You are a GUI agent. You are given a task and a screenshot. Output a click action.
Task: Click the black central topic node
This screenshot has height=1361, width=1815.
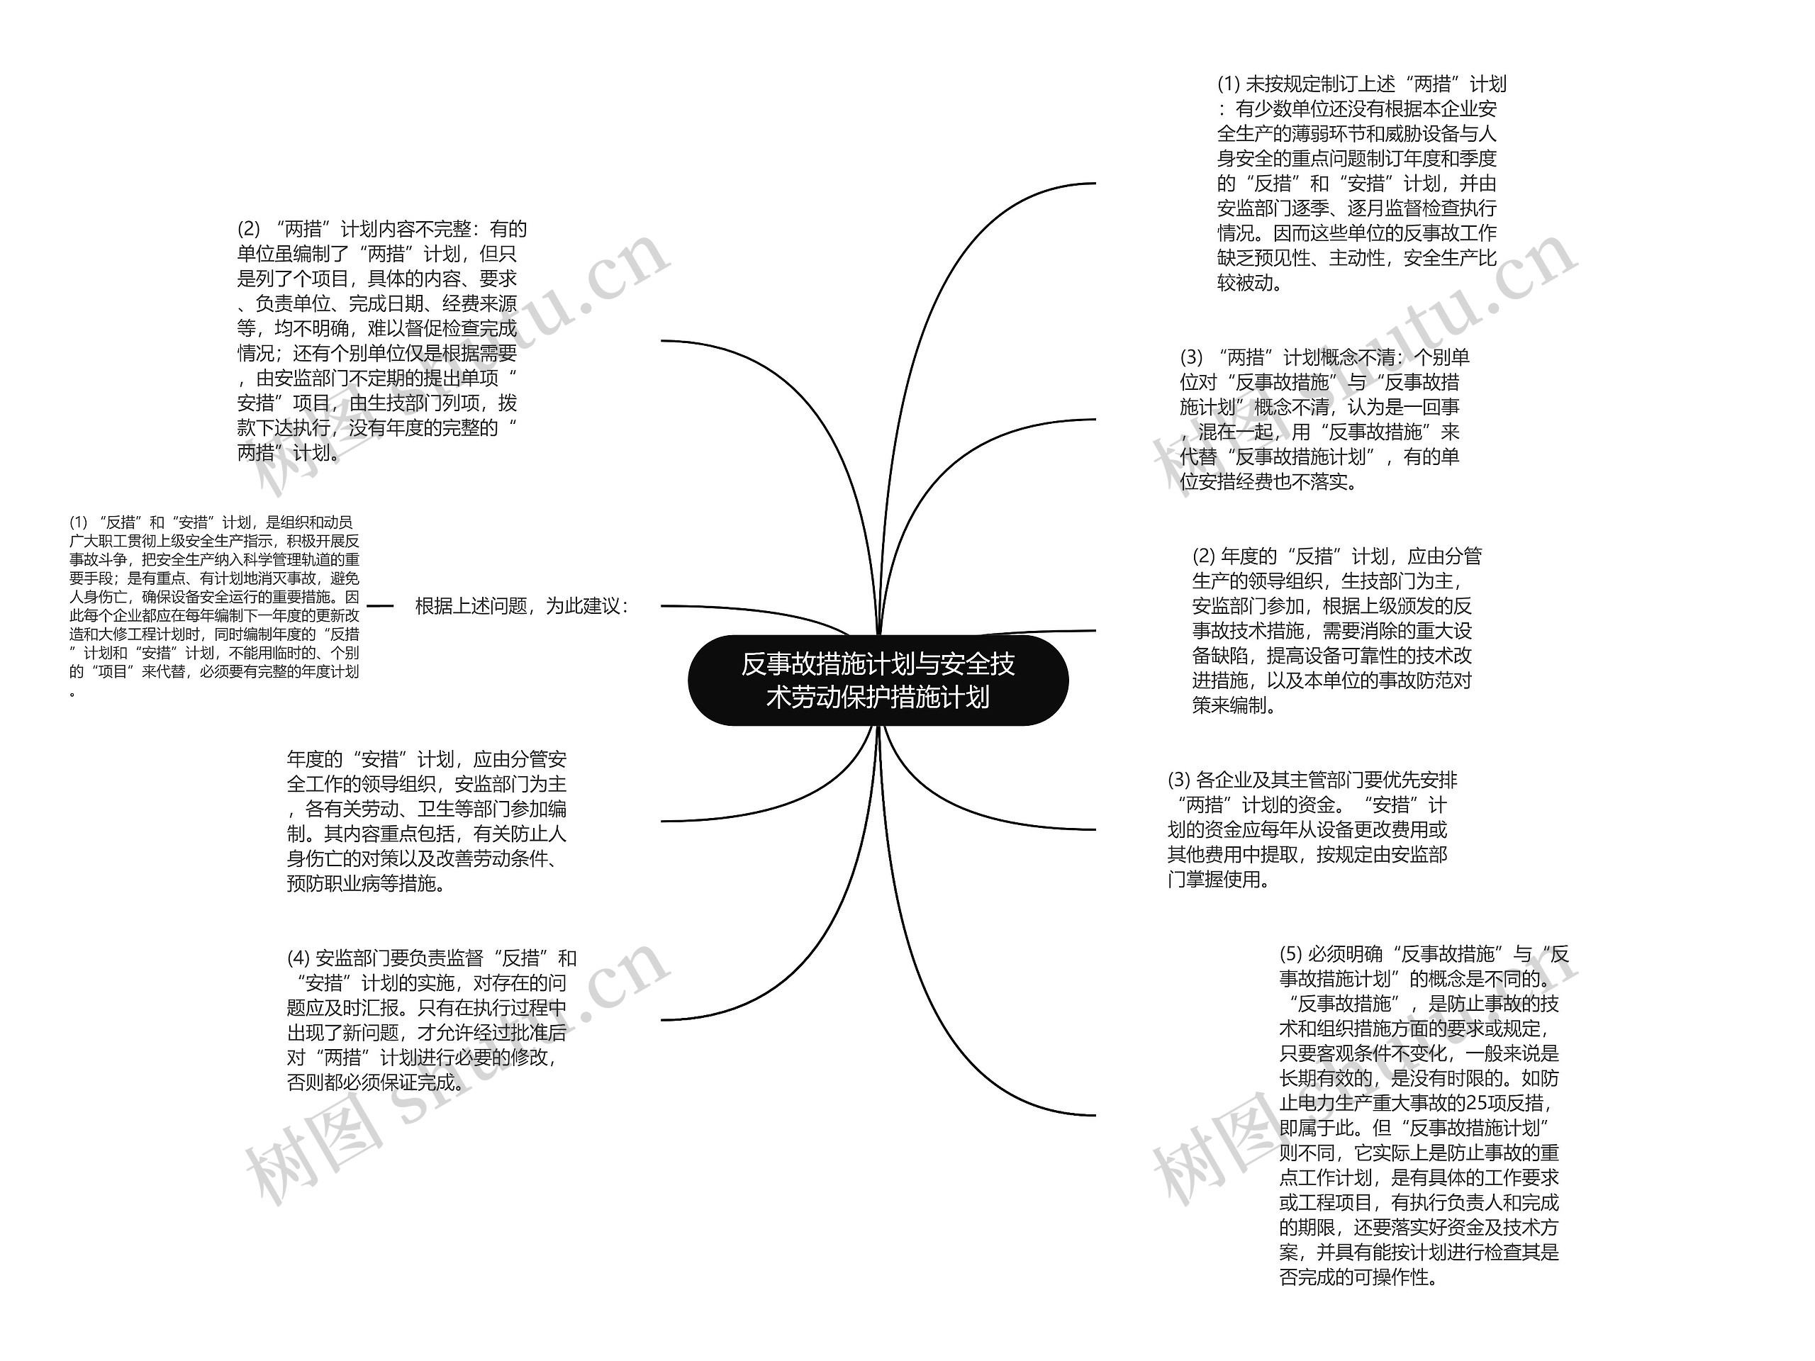pos(877,680)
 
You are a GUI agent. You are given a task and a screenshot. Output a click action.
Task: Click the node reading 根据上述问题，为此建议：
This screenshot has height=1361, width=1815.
pos(522,606)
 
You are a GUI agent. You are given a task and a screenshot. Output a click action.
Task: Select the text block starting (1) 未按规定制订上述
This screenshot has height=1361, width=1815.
pos(1361,184)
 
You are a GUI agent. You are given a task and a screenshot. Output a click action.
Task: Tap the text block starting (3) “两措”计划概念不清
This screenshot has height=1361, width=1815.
pos(1324,419)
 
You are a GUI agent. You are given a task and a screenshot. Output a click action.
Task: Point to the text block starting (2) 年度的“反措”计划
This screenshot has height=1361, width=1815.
pos(1336,630)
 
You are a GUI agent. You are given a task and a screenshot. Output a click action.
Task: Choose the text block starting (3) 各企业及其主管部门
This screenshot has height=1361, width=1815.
pos(1311,829)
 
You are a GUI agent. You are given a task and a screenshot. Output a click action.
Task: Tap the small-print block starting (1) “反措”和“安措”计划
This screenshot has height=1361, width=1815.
pos(214,605)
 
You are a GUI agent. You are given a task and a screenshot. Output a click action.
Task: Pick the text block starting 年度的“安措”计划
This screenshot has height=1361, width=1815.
pos(426,821)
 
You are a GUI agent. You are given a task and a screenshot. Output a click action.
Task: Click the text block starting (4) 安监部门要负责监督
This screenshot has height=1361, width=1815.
pos(431,1020)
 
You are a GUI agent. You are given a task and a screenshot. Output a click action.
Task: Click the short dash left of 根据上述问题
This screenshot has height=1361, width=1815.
pos(380,606)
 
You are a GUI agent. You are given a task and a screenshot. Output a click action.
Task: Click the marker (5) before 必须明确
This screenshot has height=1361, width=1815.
pos(1290,954)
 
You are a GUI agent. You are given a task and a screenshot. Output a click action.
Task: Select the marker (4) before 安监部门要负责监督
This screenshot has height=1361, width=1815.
pos(298,958)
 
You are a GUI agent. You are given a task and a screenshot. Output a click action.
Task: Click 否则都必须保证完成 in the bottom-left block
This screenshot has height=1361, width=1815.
pos(371,1083)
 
